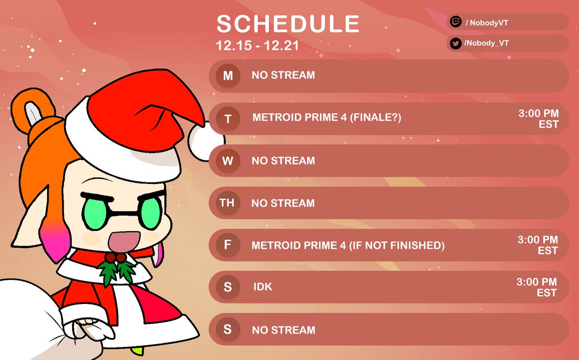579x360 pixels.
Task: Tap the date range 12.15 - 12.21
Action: (257, 46)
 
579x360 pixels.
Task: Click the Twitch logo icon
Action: (455, 22)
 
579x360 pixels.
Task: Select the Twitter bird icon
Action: (455, 43)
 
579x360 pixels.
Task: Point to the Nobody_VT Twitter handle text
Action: (486, 43)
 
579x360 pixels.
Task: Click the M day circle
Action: (228, 76)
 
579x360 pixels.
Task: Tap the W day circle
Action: (228, 161)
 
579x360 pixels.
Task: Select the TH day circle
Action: (227, 203)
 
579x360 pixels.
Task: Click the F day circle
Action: (228, 245)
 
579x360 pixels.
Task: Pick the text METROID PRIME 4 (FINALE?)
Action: (327, 118)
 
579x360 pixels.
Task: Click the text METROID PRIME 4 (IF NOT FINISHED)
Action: (348, 246)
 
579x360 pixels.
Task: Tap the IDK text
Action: (263, 287)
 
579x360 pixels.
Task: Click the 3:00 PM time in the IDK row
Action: (538, 282)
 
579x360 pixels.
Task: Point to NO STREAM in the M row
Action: (283, 76)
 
